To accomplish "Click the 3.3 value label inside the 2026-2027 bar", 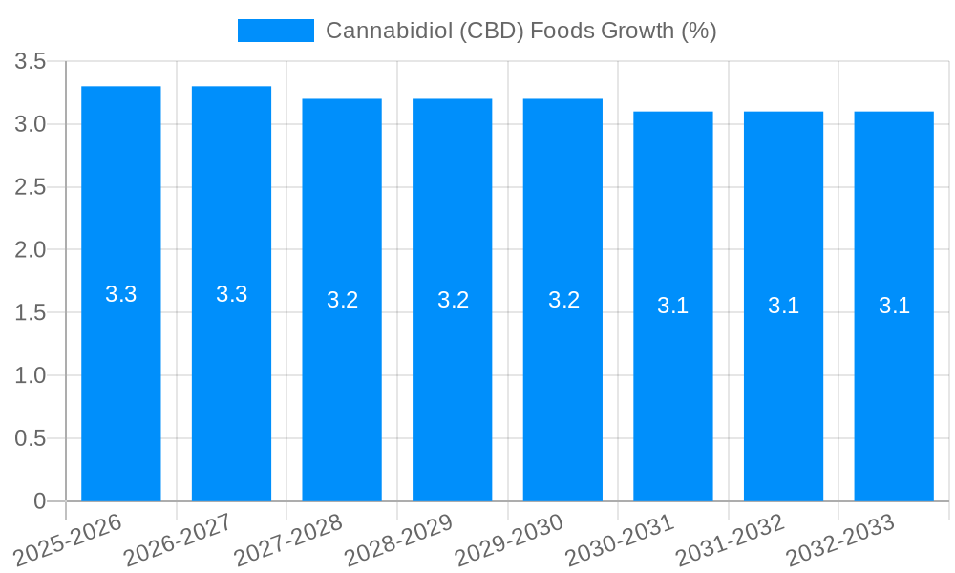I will click(231, 294).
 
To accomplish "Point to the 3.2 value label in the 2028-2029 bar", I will click(453, 300).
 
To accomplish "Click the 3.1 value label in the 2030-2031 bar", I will click(673, 307).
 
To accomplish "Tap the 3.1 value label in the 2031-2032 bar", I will click(783, 307).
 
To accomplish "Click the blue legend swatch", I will click(275, 31).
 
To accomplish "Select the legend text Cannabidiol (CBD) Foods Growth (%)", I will click(520, 31).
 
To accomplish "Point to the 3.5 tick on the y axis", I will click(31, 62).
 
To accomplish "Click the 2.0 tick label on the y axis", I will click(31, 250).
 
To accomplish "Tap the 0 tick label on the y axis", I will click(39, 501).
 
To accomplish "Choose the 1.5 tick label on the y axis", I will click(31, 313).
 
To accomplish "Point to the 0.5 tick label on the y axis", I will click(31, 439).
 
